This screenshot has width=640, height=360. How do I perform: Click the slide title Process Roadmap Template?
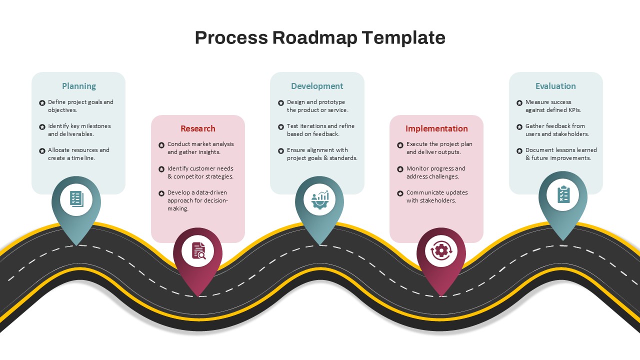tap(320, 37)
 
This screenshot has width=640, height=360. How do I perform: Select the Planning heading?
tap(79, 86)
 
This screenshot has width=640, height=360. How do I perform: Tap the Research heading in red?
tap(198, 128)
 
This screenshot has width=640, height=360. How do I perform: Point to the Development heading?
tap(317, 86)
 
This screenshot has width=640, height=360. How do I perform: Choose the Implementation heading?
tap(436, 128)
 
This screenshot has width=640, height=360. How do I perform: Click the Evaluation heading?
tap(555, 86)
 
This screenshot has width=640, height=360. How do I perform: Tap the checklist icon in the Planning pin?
tap(76, 199)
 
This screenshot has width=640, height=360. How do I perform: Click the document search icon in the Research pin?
tap(198, 250)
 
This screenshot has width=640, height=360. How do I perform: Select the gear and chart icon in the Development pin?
tap(319, 199)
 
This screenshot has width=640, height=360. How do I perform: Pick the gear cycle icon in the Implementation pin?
tap(441, 250)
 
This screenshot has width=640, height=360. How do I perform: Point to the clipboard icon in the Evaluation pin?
tap(563, 194)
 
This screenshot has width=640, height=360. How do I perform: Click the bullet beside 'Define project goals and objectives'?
tap(42, 103)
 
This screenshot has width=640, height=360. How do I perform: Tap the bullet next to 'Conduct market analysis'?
tap(161, 145)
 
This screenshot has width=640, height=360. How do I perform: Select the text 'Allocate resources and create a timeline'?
tap(78, 154)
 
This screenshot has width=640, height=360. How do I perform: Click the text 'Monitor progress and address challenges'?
tap(436, 172)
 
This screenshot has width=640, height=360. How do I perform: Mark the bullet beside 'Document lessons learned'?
tap(519, 151)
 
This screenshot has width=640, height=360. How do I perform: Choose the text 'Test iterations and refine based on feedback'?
tap(320, 130)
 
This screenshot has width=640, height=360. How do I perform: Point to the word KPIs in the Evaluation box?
tap(574, 110)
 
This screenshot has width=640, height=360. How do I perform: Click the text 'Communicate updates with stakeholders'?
tap(431, 196)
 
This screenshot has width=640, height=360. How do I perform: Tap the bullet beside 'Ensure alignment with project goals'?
tap(281, 151)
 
